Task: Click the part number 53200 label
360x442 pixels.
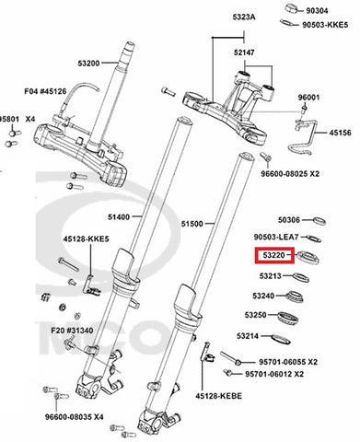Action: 88,64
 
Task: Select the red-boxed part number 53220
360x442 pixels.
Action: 274,255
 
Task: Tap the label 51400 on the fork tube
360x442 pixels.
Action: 119,217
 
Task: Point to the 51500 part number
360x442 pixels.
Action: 192,224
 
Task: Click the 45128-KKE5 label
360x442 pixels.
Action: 87,238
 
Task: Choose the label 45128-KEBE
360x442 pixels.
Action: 219,396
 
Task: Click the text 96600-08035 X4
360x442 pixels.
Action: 75,417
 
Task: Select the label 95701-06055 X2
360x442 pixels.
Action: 288,362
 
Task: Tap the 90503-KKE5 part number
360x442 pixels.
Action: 325,25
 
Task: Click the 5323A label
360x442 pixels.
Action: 244,17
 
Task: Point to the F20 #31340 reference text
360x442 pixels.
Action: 72,331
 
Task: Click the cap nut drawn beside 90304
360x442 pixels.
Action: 292,8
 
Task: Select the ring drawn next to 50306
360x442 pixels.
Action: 319,221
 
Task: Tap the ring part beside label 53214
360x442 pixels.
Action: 281,339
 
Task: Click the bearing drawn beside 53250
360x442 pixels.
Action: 288,318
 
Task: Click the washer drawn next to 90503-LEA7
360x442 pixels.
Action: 314,238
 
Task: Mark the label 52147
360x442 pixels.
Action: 244,52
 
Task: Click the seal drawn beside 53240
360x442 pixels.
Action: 294,297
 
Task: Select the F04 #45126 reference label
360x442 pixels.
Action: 45,91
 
